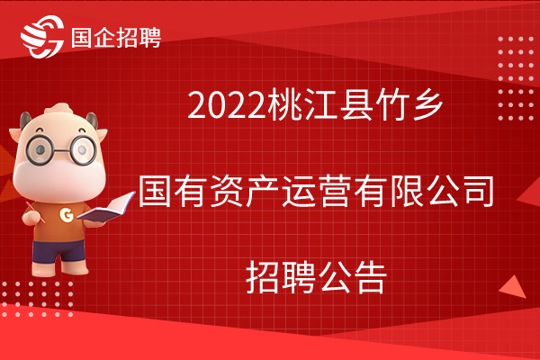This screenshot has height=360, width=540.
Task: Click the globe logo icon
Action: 42,37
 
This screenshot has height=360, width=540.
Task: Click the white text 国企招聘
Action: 116,38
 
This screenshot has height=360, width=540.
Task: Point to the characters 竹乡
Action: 409,104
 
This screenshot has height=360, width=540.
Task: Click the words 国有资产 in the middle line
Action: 210,191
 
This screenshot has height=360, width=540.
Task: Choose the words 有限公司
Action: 424,191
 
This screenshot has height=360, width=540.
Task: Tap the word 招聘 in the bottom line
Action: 281,276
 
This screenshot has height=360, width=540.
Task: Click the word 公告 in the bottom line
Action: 352,276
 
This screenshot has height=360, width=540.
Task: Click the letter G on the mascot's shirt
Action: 67,214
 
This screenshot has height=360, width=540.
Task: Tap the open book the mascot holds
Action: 106,207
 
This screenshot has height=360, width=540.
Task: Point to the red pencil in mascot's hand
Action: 35,212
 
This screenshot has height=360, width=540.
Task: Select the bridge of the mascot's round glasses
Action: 62,150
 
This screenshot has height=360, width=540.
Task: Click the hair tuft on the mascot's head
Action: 59,111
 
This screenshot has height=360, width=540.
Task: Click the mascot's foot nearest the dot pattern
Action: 42,269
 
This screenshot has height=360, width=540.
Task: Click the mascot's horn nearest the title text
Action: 93,121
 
